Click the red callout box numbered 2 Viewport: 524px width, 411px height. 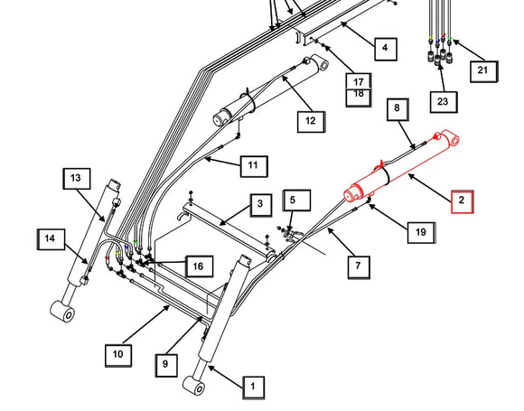463,202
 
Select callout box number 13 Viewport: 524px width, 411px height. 77,179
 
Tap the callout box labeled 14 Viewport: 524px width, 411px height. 51,239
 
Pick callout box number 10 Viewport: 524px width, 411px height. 118,356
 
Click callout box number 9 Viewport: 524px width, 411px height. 166,365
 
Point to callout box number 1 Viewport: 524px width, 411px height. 254,388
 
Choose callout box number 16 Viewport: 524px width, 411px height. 199,266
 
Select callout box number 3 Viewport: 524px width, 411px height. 261,205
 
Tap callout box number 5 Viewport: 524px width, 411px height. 296,201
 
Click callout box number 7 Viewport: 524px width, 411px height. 359,267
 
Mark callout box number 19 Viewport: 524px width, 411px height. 421,232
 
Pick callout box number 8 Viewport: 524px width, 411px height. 398,109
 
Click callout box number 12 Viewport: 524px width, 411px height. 311,122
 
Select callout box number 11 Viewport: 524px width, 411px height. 254,166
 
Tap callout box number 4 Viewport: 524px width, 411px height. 386,49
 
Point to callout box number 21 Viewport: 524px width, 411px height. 484,71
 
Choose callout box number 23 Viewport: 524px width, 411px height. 444,102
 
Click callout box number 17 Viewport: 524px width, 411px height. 359,81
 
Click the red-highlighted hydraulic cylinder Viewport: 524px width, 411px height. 401,167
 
